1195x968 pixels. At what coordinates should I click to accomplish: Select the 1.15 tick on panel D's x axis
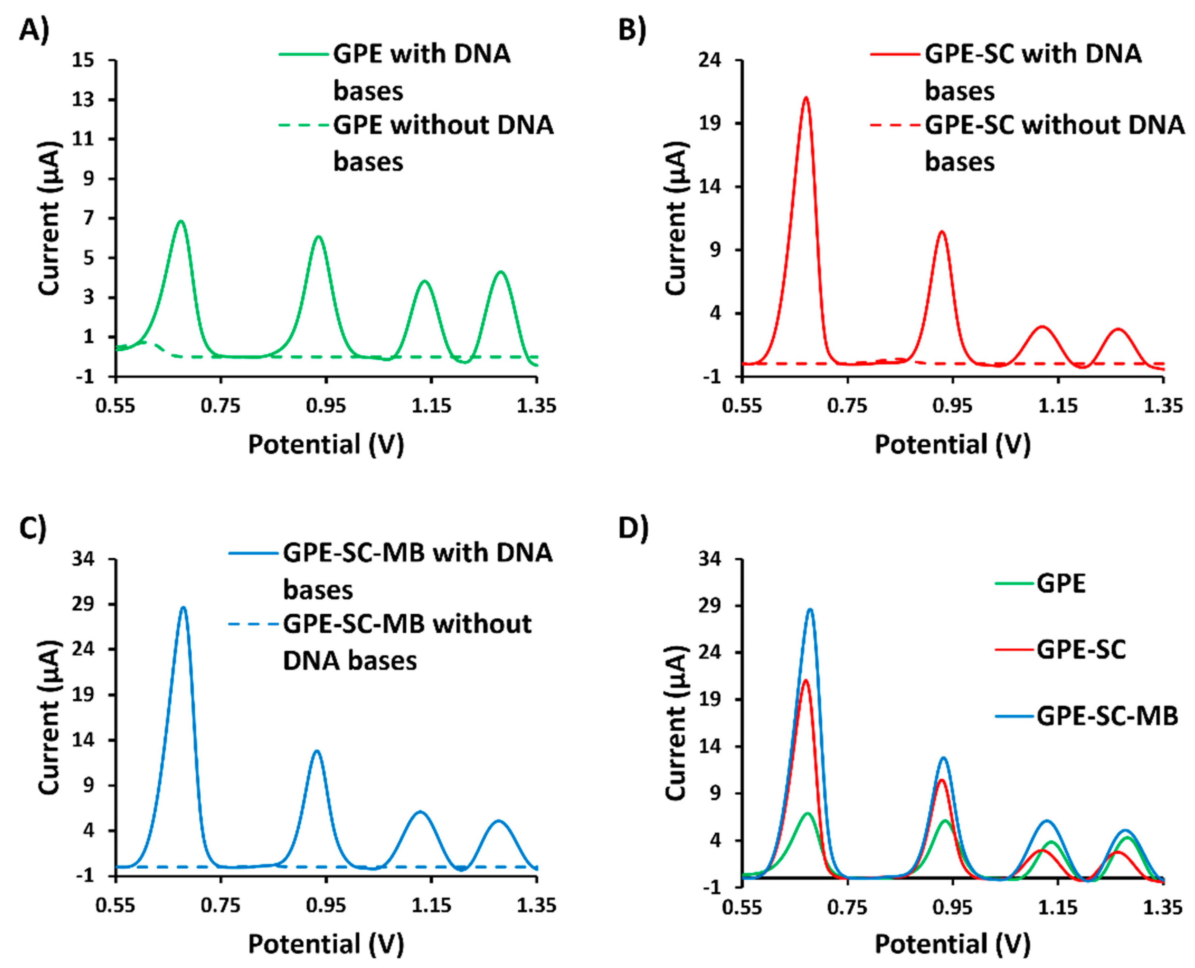(x=1057, y=908)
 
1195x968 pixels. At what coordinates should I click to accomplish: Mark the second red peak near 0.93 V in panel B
(x=941, y=232)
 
